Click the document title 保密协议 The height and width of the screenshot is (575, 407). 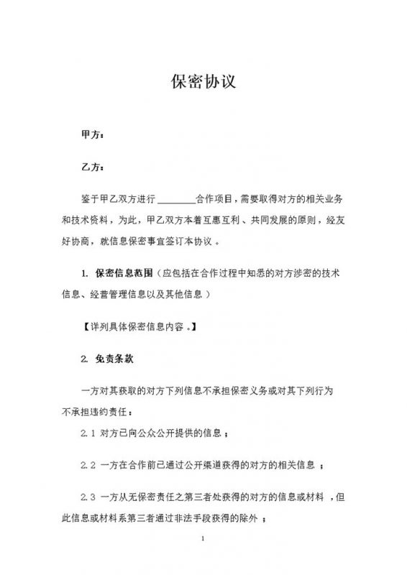[x=203, y=81]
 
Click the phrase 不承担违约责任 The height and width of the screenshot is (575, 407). [x=96, y=411]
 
